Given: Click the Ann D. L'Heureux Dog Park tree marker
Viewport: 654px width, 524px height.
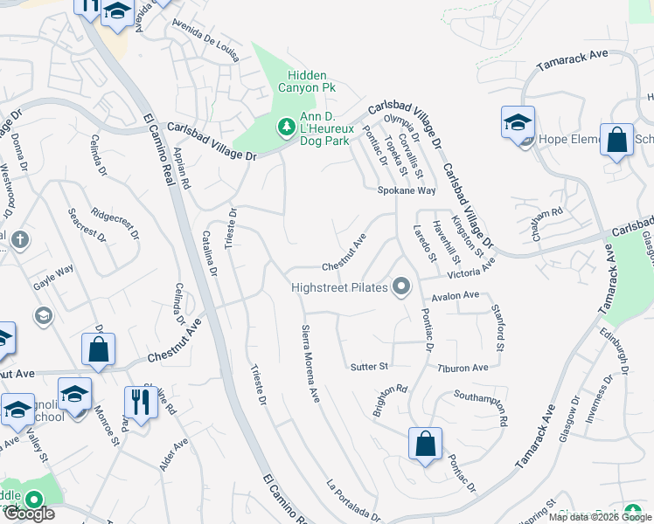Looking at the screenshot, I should (x=286, y=128).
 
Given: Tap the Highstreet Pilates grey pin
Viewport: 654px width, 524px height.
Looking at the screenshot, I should (x=402, y=286).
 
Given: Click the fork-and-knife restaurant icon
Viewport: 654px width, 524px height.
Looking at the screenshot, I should (x=138, y=402).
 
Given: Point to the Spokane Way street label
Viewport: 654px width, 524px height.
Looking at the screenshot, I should (x=406, y=190).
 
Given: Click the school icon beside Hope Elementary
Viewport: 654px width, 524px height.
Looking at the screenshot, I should (x=518, y=122).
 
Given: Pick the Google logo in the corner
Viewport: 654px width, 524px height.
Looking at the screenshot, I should (x=28, y=514).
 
